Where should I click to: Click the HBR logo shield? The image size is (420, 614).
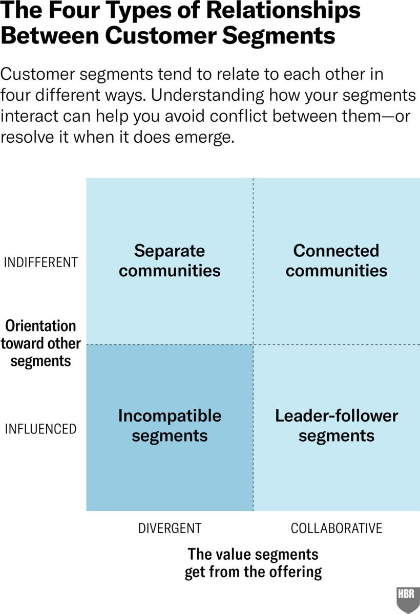click(408, 600)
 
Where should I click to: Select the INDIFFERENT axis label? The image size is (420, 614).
click(41, 262)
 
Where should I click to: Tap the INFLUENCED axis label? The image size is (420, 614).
click(40, 429)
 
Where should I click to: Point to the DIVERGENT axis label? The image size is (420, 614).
click(170, 528)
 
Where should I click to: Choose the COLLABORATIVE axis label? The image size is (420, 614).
click(337, 528)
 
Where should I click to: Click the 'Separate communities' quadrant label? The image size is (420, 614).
click(170, 260)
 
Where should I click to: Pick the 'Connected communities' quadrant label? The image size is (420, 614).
click(337, 260)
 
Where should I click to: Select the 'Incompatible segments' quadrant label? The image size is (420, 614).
click(170, 425)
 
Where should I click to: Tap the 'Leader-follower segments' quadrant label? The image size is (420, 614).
click(337, 425)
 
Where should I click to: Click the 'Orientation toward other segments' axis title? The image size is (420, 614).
click(40, 343)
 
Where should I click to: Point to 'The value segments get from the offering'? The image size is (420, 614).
click(253, 563)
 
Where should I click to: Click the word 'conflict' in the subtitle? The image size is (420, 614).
click(239, 116)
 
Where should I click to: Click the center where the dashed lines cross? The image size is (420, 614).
click(253, 344)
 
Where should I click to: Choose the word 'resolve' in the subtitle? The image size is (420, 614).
click(27, 137)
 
